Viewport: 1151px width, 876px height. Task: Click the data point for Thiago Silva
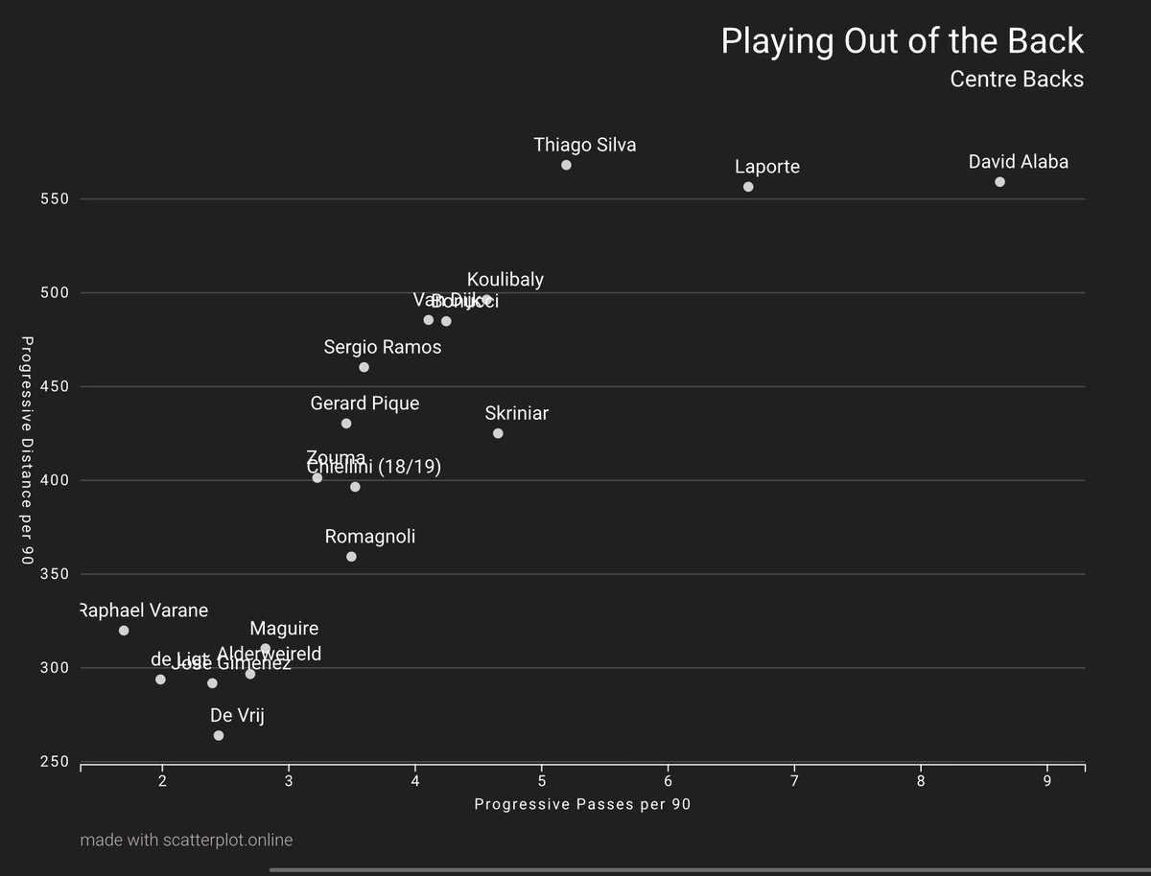(x=566, y=165)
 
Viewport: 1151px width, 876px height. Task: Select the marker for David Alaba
(x=999, y=182)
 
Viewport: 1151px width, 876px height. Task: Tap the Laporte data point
(x=748, y=187)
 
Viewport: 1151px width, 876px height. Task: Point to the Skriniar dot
(x=498, y=433)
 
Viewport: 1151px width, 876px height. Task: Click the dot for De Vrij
(x=219, y=735)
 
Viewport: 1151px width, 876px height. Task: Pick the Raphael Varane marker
(x=124, y=631)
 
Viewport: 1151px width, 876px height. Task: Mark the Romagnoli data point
(x=351, y=557)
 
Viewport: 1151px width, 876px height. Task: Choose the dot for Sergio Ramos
(x=364, y=367)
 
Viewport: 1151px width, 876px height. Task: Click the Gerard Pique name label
(x=364, y=403)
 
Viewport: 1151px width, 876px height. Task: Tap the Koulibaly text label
(x=505, y=280)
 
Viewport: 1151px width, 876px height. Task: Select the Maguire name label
(x=284, y=630)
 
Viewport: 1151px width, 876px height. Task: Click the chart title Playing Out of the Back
(x=902, y=41)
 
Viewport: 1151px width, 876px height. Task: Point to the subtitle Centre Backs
(x=1017, y=79)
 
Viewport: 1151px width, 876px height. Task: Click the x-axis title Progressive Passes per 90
(x=582, y=805)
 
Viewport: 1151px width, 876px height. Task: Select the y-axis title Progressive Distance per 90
(x=28, y=450)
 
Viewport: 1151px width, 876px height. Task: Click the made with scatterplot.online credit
(x=187, y=841)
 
